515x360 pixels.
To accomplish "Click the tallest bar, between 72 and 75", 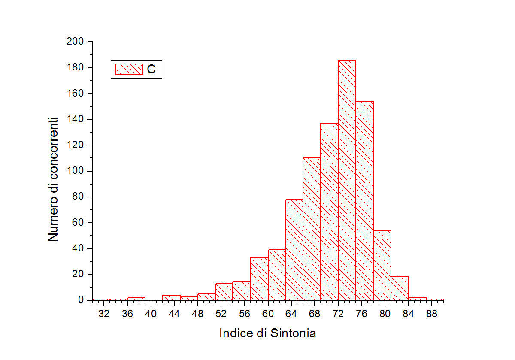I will pos(347,180).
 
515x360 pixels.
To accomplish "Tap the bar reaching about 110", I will pos(312,229).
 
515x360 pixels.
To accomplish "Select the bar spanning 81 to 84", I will pos(400,288).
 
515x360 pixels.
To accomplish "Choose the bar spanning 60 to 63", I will pos(276,275).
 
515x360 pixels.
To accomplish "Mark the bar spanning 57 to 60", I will pos(259,279).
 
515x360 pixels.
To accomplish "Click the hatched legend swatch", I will pos(129,69).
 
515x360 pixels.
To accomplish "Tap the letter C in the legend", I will pos(151,70).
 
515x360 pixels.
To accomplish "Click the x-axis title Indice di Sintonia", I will pos(267,333).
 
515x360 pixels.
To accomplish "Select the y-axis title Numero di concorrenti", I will pos(53,179).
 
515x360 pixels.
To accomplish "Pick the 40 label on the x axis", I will pos(151,314).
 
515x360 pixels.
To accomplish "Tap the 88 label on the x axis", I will pos(432,314).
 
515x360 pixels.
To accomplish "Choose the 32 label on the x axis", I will pos(104,314).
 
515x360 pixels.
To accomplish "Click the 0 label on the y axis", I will pos(80,300).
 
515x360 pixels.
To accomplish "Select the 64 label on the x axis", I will pos(291,314).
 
